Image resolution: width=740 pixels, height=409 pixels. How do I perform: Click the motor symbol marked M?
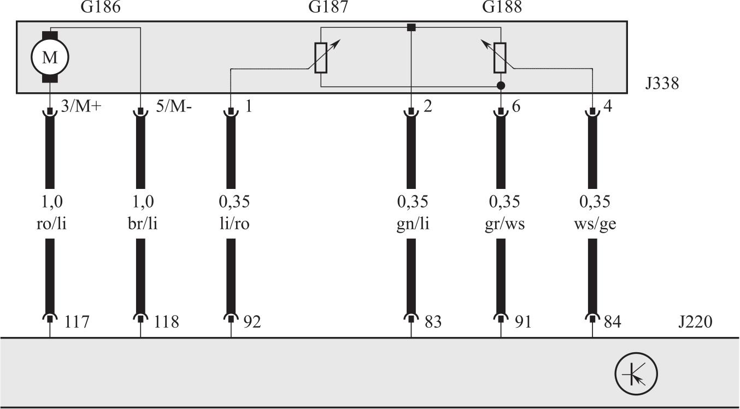50,57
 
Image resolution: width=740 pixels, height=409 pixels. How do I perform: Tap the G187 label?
328,8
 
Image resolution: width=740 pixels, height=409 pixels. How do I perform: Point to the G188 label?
502,8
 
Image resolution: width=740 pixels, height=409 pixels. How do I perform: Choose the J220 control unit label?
695,322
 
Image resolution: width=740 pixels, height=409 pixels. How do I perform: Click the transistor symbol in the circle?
636,374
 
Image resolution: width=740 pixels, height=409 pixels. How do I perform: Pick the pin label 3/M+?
81,106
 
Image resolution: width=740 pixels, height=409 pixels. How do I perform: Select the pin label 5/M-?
174,106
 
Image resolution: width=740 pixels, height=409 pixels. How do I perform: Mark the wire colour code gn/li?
413,224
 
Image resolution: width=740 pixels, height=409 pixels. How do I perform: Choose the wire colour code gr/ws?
504,224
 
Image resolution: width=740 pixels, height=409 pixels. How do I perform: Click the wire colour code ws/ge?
595,224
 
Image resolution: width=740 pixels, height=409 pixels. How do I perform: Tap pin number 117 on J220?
77,322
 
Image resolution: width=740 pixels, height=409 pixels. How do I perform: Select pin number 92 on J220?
251,322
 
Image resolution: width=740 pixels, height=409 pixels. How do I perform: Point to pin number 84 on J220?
611,322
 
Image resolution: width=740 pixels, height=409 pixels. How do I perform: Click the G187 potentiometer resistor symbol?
321,57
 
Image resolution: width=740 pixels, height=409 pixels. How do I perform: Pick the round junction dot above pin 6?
501,86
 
